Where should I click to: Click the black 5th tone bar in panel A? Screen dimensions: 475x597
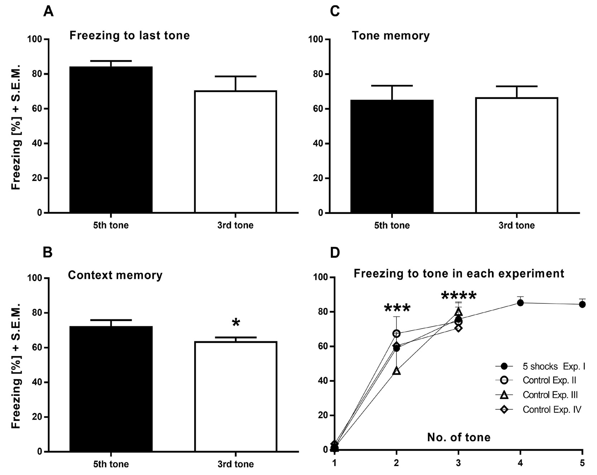click(111, 140)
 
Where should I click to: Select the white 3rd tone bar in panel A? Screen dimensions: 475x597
click(235, 152)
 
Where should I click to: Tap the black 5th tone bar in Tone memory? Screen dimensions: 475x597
click(392, 157)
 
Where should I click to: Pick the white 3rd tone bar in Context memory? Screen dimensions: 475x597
click(235, 397)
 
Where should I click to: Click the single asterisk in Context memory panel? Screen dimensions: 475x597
click(236, 323)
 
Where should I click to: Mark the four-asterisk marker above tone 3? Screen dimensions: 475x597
click(459, 296)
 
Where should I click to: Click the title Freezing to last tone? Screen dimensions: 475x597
click(129, 35)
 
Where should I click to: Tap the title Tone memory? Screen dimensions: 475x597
click(391, 35)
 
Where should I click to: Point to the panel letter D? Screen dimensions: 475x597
click(335, 253)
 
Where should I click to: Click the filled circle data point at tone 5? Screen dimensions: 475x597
click(582, 304)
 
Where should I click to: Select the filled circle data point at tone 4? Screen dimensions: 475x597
click(520, 303)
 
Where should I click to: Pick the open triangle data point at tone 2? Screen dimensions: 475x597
click(397, 371)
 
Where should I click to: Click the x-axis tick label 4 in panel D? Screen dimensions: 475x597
click(520, 463)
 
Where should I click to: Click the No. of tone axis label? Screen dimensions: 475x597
click(459, 437)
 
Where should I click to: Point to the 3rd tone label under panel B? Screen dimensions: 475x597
click(235, 464)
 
